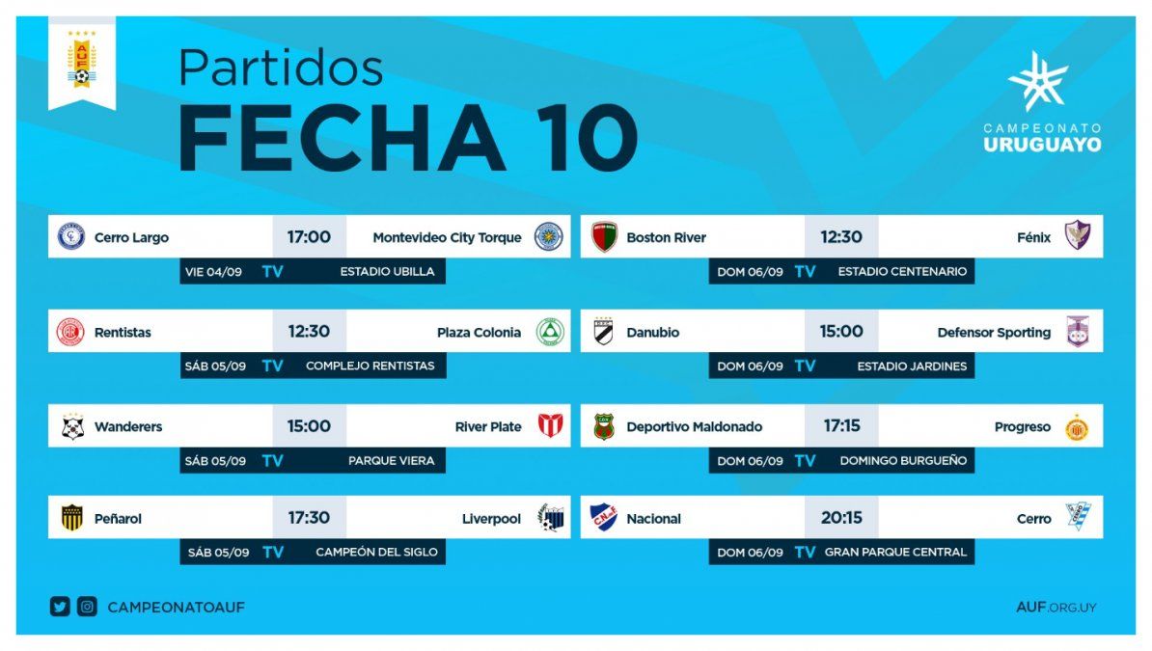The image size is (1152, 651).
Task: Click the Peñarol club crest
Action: tap(71, 517)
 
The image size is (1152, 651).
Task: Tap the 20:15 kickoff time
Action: tap(841, 517)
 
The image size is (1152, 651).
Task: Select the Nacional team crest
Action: tap(604, 517)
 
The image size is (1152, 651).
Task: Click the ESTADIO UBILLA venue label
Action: tap(387, 271)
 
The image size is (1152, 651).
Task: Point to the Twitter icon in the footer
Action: tap(60, 607)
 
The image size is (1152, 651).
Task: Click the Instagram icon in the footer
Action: tap(88, 607)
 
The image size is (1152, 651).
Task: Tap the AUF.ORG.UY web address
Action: tap(1056, 607)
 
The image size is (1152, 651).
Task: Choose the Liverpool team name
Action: tap(491, 518)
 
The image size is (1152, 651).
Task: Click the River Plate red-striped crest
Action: tap(550, 425)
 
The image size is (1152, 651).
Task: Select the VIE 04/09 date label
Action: tap(213, 272)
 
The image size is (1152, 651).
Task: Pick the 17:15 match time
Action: tap(841, 425)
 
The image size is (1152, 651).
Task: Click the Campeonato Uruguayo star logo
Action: tap(1038, 81)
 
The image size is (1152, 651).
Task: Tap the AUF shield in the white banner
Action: tap(82, 60)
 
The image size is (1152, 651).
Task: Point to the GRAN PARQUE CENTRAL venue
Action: tap(895, 552)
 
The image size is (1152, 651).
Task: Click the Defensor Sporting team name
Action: tap(994, 332)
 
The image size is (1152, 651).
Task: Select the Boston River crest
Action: tap(604, 236)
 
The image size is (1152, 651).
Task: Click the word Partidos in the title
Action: tap(280, 68)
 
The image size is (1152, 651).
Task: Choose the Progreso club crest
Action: tap(1077, 427)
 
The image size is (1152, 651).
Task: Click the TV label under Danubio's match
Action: tap(805, 366)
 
